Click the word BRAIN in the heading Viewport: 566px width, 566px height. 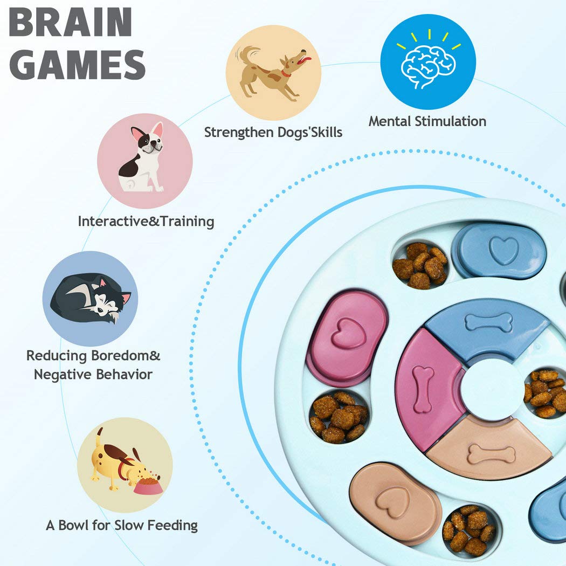pyautogui.click(x=71, y=23)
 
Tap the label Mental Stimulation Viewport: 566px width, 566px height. pyautogui.click(x=427, y=121)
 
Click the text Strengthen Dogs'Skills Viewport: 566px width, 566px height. pyautogui.click(x=273, y=132)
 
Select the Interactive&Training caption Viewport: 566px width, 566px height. pyautogui.click(x=146, y=222)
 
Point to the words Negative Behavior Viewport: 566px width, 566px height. pyautogui.click(x=93, y=374)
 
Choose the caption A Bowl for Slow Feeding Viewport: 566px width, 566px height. pyautogui.click(x=122, y=525)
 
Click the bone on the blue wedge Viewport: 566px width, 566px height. pyautogui.click(x=488, y=322)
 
